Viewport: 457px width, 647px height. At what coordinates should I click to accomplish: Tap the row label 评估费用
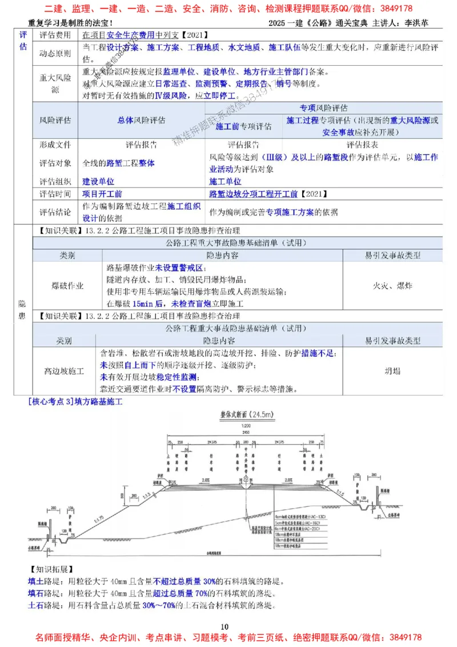(x=55, y=35)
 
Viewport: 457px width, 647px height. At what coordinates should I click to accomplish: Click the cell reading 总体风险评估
(x=142, y=121)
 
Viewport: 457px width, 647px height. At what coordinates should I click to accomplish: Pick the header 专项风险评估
(x=324, y=108)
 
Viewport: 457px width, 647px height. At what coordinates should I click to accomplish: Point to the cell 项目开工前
(x=102, y=194)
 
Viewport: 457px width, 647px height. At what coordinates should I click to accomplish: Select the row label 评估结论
(x=55, y=212)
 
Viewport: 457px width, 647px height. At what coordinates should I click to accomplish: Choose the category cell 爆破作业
(x=67, y=285)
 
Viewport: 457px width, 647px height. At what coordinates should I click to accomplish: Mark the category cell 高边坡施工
(x=65, y=371)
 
